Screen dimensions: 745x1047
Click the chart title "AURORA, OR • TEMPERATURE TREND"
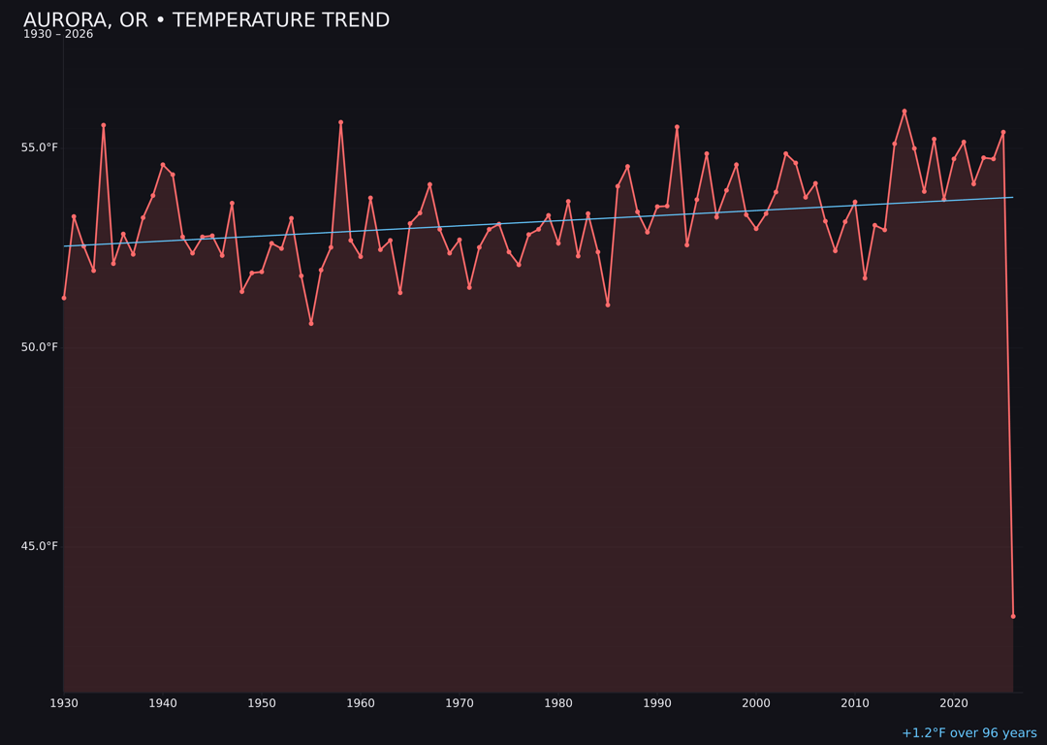pyautogui.click(x=206, y=20)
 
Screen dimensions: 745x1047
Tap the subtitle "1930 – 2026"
pyautogui.click(x=58, y=35)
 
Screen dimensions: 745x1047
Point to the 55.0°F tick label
pyautogui.click(x=40, y=147)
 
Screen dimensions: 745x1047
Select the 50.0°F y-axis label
pyautogui.click(x=40, y=347)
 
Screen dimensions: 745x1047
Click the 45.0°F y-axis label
pyautogui.click(x=40, y=546)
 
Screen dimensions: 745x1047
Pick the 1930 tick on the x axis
pyautogui.click(x=64, y=703)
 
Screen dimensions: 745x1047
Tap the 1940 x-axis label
pyautogui.click(x=163, y=703)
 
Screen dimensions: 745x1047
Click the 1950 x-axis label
pyautogui.click(x=262, y=703)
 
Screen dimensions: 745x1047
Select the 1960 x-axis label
pyautogui.click(x=361, y=703)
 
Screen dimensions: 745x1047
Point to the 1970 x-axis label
pyautogui.click(x=460, y=703)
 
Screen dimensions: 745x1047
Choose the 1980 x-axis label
pyautogui.click(x=558, y=703)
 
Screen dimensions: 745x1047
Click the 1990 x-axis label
pyautogui.click(x=657, y=703)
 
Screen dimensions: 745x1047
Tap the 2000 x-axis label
pyautogui.click(x=756, y=703)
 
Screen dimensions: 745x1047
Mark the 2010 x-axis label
pyautogui.click(x=855, y=703)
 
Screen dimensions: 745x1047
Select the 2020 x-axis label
pyautogui.click(x=954, y=703)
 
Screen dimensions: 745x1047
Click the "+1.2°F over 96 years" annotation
pyautogui.click(x=968, y=733)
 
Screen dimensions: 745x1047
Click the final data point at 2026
pyautogui.click(x=1013, y=616)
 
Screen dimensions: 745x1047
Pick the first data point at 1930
pyautogui.click(x=64, y=298)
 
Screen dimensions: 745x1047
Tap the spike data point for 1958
pyautogui.click(x=340, y=123)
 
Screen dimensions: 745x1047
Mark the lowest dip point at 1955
pyautogui.click(x=311, y=323)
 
